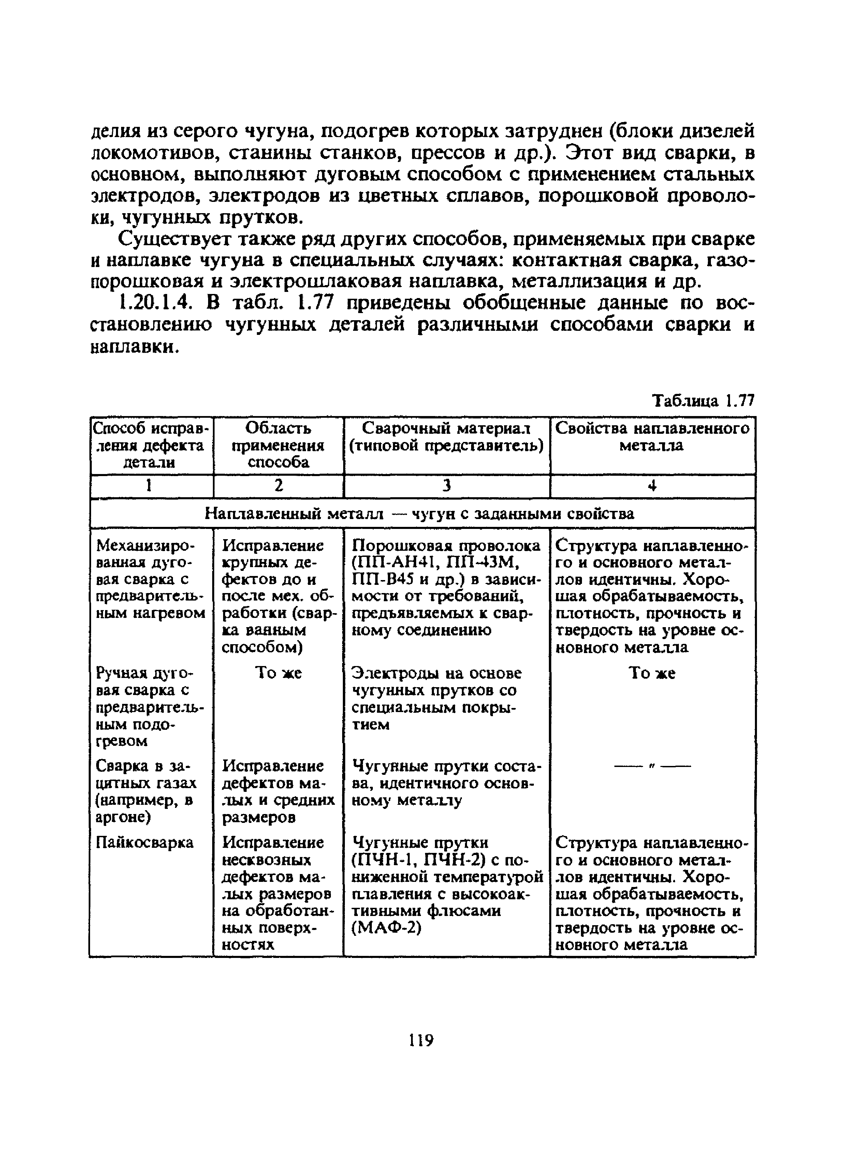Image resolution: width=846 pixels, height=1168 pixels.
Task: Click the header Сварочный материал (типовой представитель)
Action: click(x=446, y=437)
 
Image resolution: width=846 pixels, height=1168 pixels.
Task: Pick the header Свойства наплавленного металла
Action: click(x=652, y=437)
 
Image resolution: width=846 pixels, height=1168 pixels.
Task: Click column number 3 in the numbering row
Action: click(x=446, y=486)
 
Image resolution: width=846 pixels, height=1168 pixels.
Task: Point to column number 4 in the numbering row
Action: click(x=652, y=486)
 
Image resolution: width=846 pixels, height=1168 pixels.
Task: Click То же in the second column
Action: click(x=278, y=673)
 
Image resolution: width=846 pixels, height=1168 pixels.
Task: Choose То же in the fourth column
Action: click(x=652, y=673)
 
